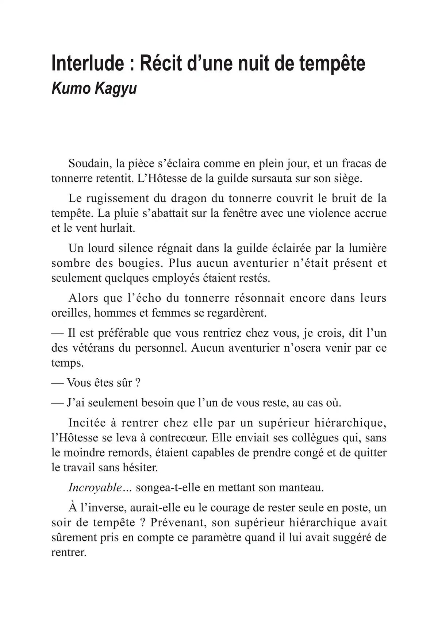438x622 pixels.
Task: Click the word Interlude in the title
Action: pos(88,64)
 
